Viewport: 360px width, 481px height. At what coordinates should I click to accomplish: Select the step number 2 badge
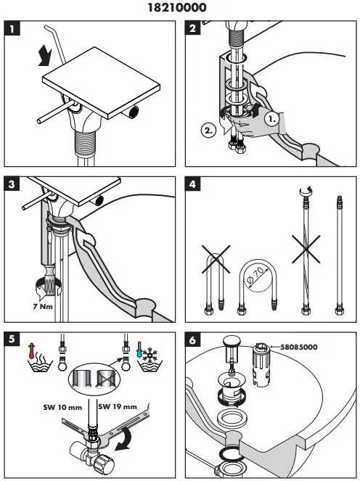point(193,30)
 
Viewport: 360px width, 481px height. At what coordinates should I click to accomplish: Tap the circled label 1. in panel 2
point(273,117)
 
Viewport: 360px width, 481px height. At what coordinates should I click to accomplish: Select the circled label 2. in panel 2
point(208,131)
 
